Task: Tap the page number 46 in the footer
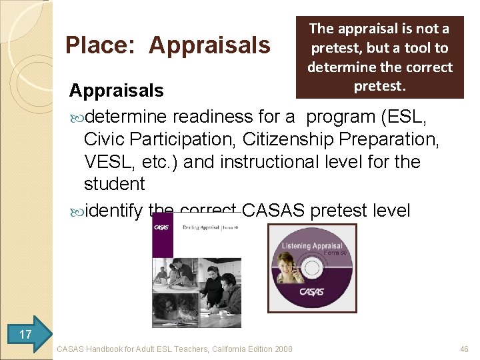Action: pos(464,348)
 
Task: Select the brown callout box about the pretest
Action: pos(380,57)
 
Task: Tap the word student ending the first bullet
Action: pos(114,184)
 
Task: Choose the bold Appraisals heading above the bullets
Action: pos(116,90)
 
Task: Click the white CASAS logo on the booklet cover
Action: pos(162,227)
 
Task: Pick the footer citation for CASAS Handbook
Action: pos(175,348)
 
